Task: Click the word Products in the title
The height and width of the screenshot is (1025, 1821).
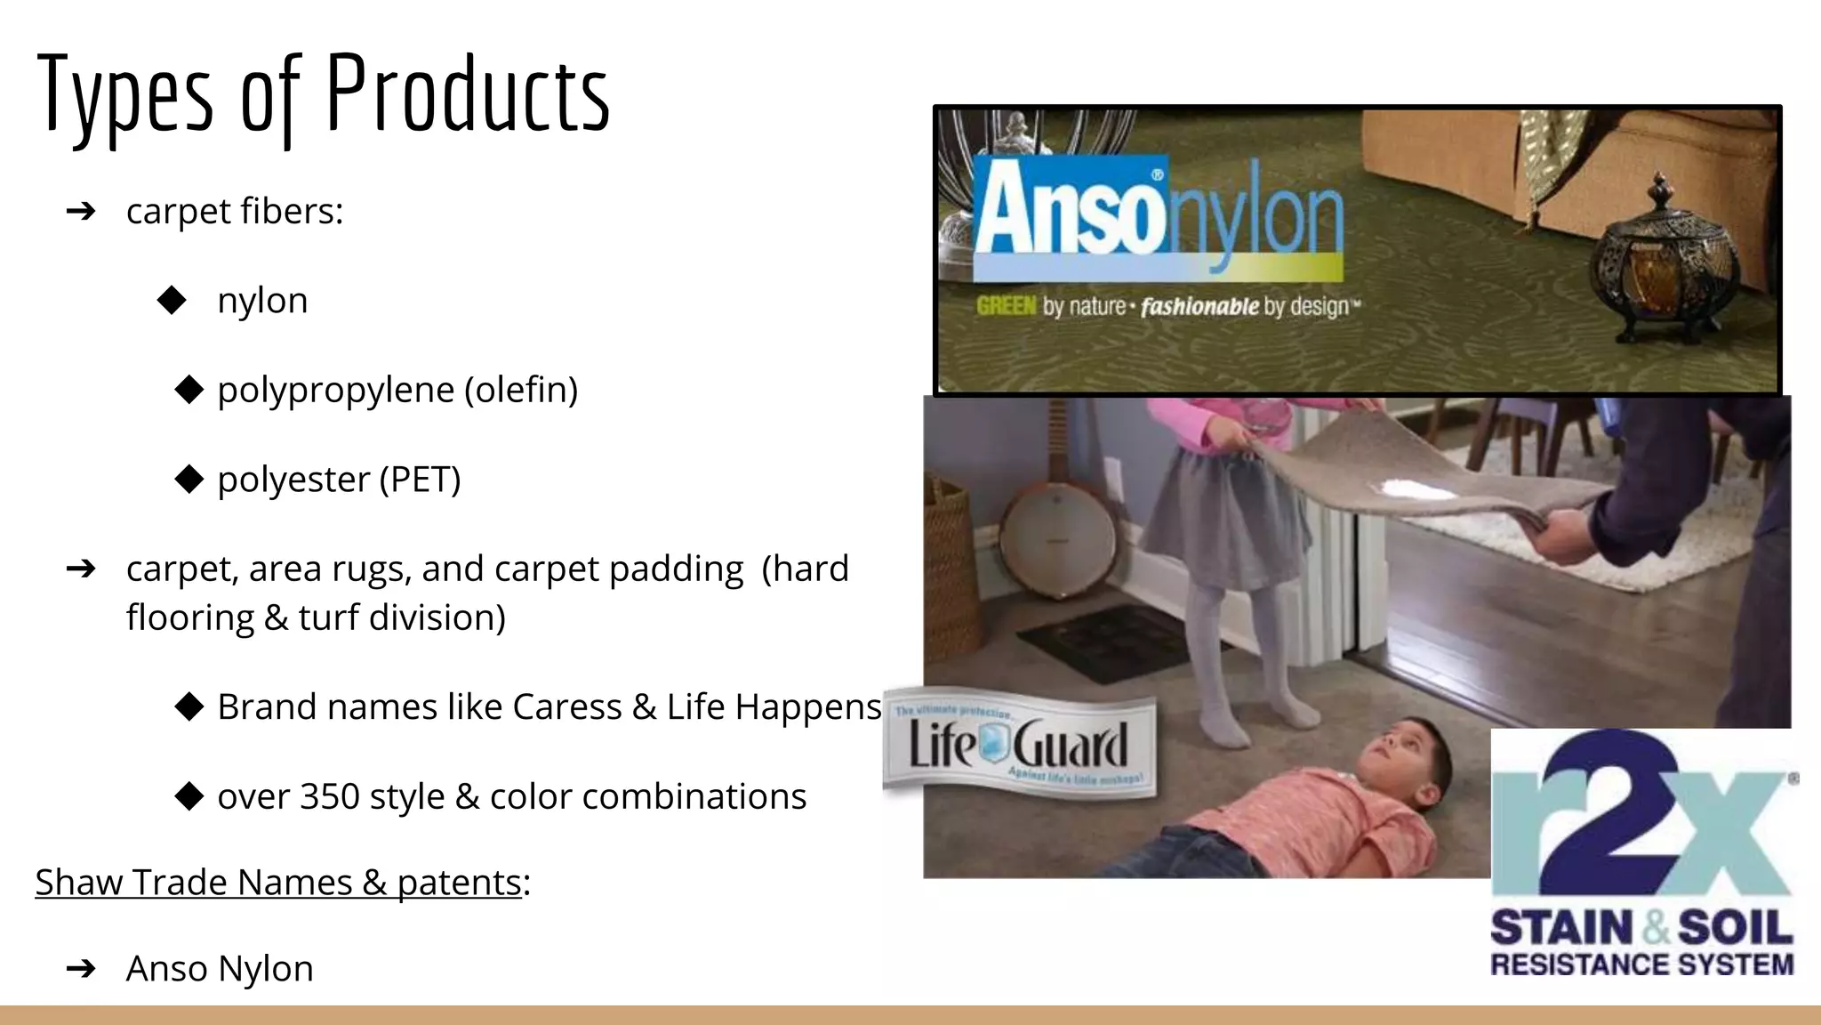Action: [468, 94]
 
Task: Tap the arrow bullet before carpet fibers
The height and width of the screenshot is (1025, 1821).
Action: [81, 212]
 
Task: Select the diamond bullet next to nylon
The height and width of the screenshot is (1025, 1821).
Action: [172, 301]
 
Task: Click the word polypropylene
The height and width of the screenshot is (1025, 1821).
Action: [335, 391]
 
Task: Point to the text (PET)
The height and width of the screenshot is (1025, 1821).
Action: [420, 480]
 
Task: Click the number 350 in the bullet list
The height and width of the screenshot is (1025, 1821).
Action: [329, 796]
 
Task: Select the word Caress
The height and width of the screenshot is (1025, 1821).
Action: [566, 707]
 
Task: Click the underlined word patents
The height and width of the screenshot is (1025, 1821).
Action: [458, 883]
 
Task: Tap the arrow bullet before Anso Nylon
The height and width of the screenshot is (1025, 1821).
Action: [81, 969]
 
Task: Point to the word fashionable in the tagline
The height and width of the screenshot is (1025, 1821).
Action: [1199, 307]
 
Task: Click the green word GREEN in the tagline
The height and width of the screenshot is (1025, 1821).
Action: [1006, 306]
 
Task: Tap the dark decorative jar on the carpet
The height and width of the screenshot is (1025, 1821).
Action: [1656, 262]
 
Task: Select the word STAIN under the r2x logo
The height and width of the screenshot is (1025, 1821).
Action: [1561, 928]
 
